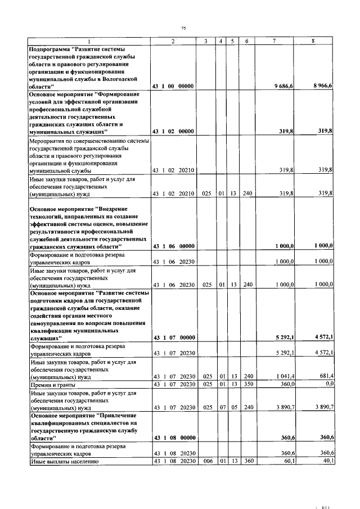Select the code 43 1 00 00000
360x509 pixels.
pyautogui.click(x=173, y=85)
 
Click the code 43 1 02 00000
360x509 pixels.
pyautogui.click(x=173, y=131)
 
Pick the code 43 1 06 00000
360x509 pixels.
pyautogui.click(x=173, y=246)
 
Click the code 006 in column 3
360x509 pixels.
pyautogui.click(x=206, y=461)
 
